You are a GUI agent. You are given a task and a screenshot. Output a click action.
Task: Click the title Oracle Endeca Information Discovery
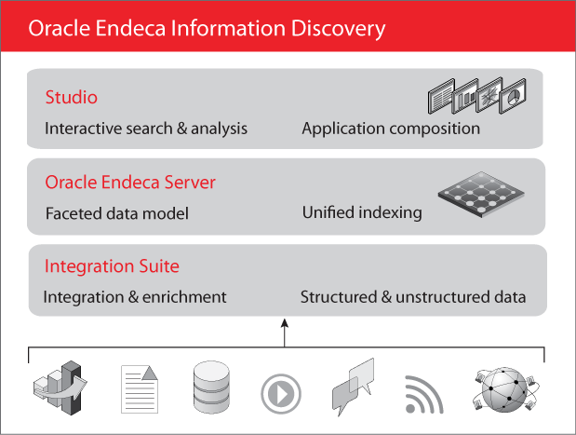(207, 28)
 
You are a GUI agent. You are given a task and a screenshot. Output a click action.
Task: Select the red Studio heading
(72, 98)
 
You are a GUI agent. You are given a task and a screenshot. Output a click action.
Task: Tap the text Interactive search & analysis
(146, 129)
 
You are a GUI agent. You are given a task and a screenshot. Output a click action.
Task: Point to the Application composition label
(391, 129)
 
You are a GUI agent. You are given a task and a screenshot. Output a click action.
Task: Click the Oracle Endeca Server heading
(130, 182)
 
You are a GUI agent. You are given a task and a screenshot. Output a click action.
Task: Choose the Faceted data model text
(117, 213)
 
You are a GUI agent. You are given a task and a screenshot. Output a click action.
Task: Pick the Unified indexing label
(362, 212)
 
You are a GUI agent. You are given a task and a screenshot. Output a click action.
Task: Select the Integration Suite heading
(112, 267)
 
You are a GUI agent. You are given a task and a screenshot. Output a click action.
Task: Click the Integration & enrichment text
(135, 297)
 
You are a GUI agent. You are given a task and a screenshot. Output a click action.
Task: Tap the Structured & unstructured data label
(413, 297)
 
